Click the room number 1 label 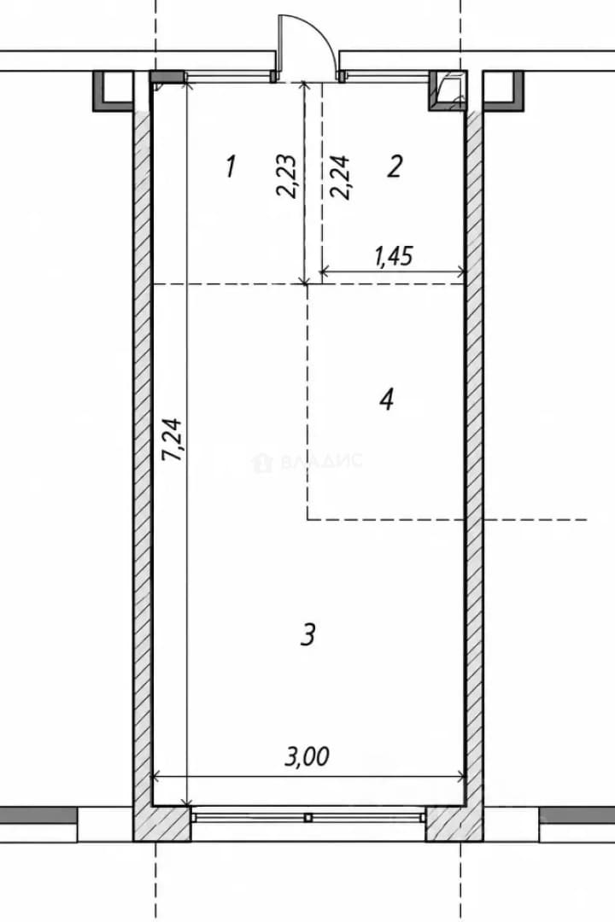pyautogui.click(x=231, y=166)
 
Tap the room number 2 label pyautogui.click(x=395, y=166)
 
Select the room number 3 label pyautogui.click(x=307, y=634)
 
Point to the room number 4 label pyautogui.click(x=387, y=400)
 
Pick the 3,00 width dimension pyautogui.click(x=307, y=756)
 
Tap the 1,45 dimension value pyautogui.click(x=393, y=256)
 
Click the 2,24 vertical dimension pyautogui.click(x=341, y=177)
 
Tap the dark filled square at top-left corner pyautogui.click(x=167, y=77)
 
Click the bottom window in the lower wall pyautogui.click(x=307, y=817)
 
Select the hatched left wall pyautogui.click(x=143, y=458)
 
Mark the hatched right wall pyautogui.click(x=474, y=458)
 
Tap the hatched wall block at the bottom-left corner pyautogui.click(x=162, y=824)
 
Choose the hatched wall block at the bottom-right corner pyautogui.click(x=454, y=824)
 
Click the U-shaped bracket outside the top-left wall pyautogui.click(x=112, y=91)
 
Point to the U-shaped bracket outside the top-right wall pyautogui.click(x=504, y=91)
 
